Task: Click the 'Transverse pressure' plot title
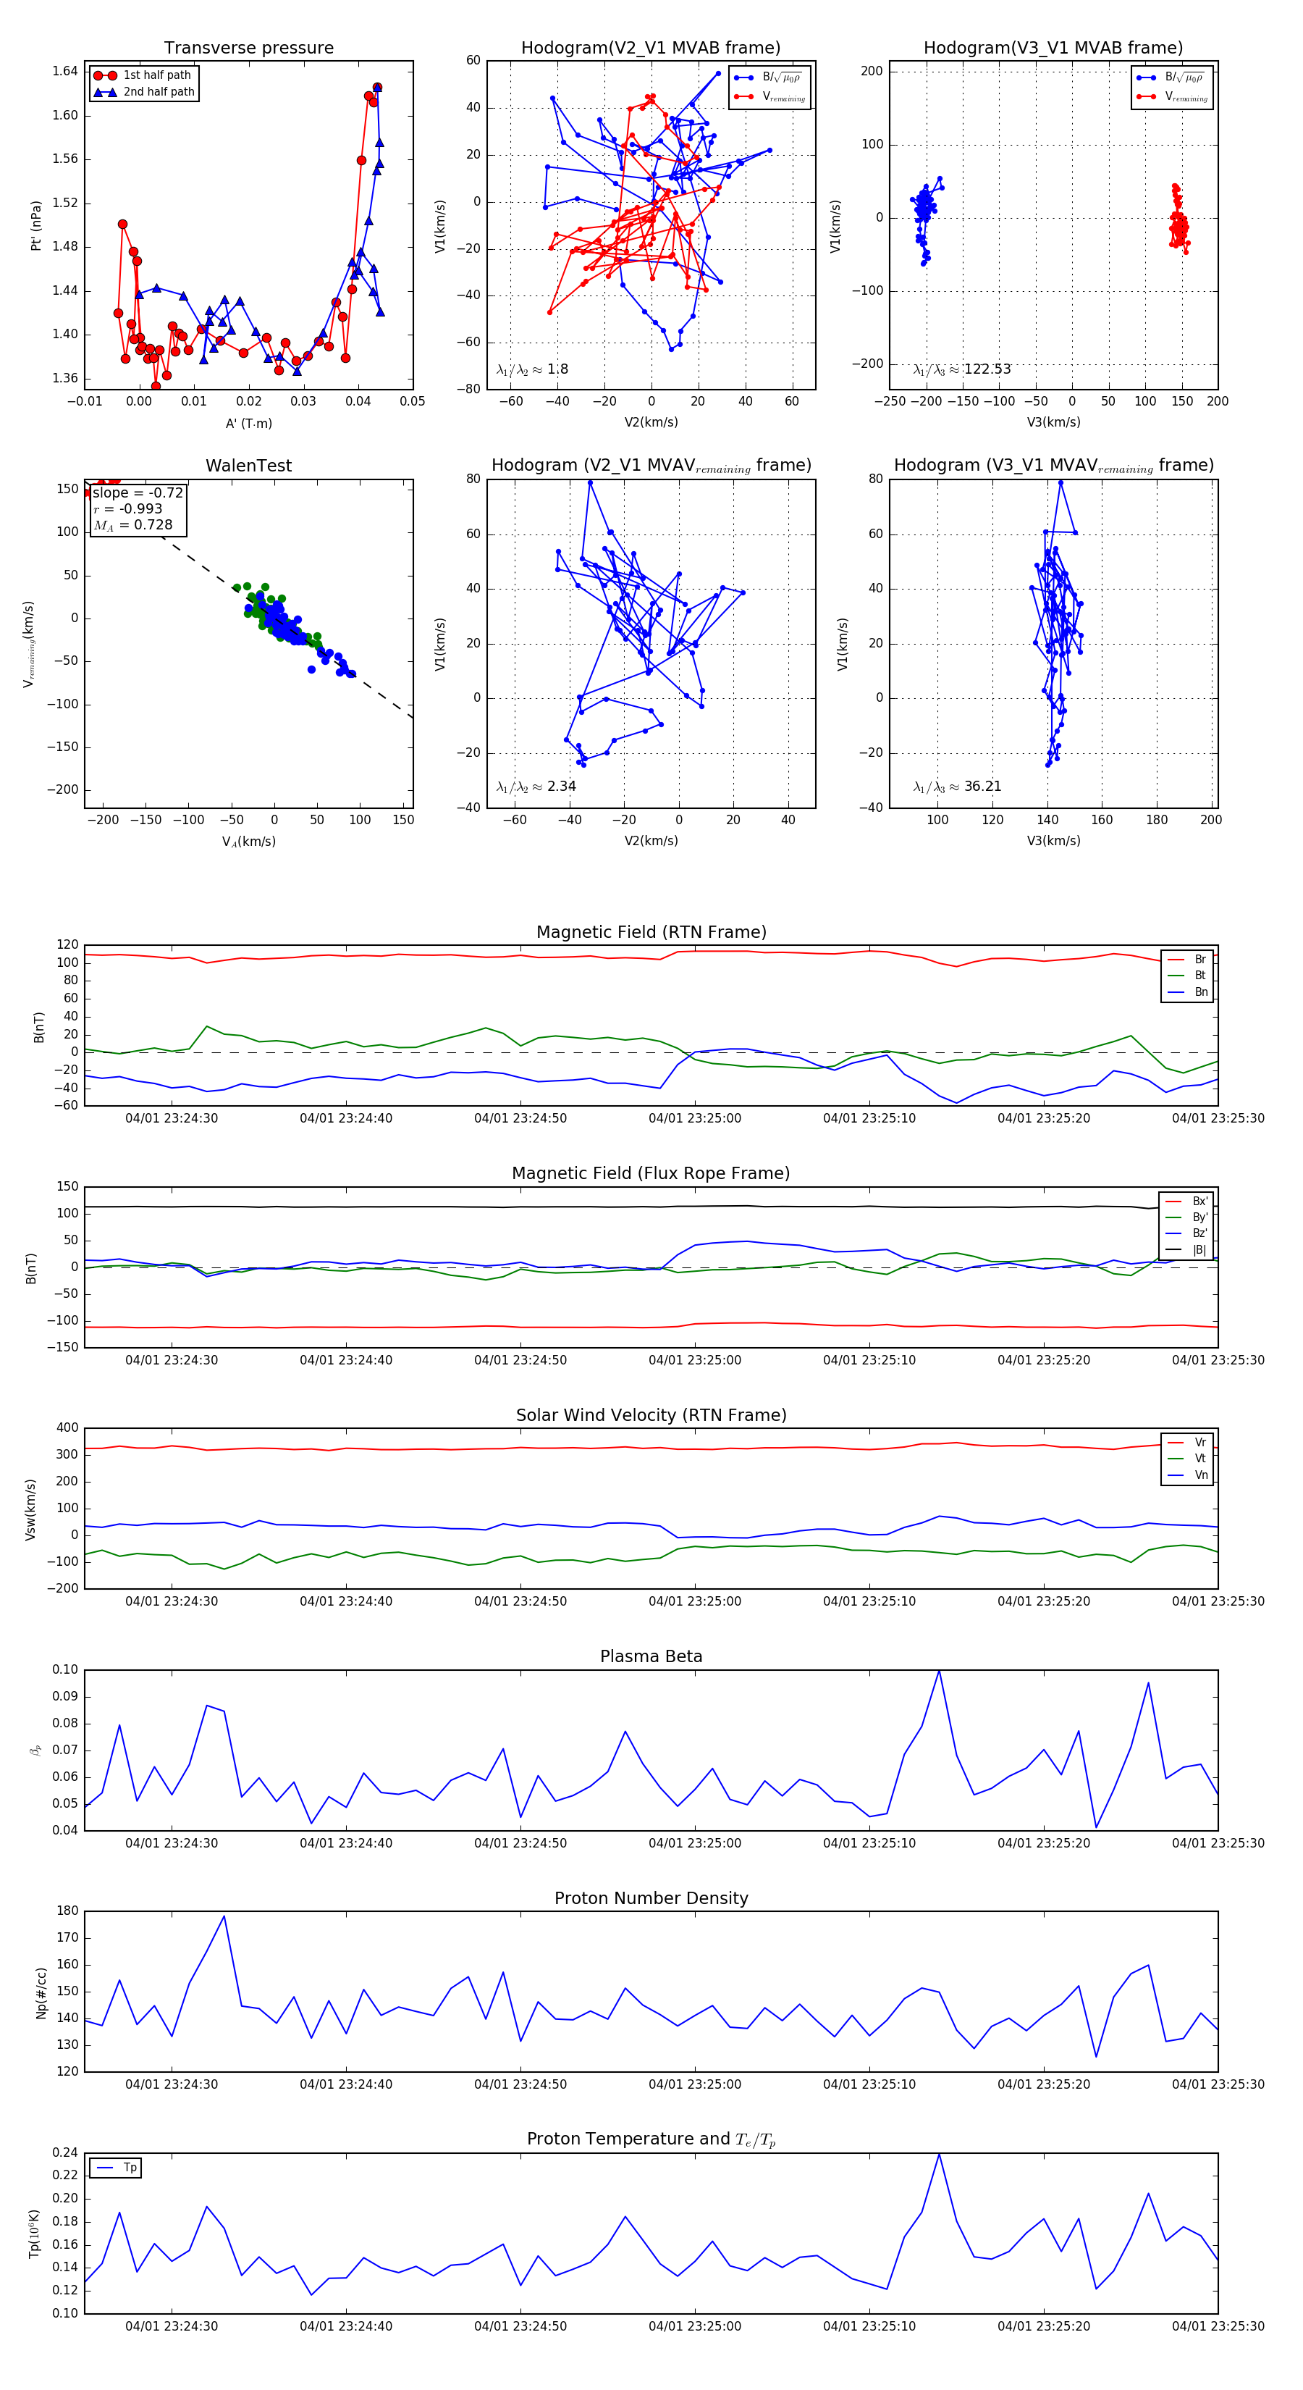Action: (x=248, y=49)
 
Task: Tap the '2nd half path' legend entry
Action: (x=159, y=92)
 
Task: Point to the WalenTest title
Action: (x=248, y=466)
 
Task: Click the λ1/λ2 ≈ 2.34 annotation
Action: (x=536, y=787)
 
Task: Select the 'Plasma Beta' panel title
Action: (x=651, y=1656)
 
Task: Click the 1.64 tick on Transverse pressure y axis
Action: (x=65, y=72)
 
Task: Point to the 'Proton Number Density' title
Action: (x=651, y=1898)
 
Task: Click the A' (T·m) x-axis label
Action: (x=248, y=423)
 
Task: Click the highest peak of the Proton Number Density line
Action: (x=224, y=1916)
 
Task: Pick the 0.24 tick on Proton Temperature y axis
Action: (x=65, y=2153)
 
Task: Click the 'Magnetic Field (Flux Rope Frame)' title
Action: (x=651, y=1174)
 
